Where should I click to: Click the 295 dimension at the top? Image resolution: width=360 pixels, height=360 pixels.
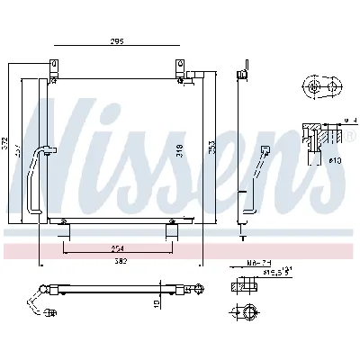click(x=117, y=41)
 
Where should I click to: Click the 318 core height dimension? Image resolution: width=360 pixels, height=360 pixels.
click(x=180, y=148)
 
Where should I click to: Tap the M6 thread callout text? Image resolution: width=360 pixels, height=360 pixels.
click(x=256, y=263)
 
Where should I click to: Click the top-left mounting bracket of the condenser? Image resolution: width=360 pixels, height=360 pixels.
click(x=54, y=67)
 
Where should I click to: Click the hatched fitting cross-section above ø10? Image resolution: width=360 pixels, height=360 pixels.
click(x=315, y=135)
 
